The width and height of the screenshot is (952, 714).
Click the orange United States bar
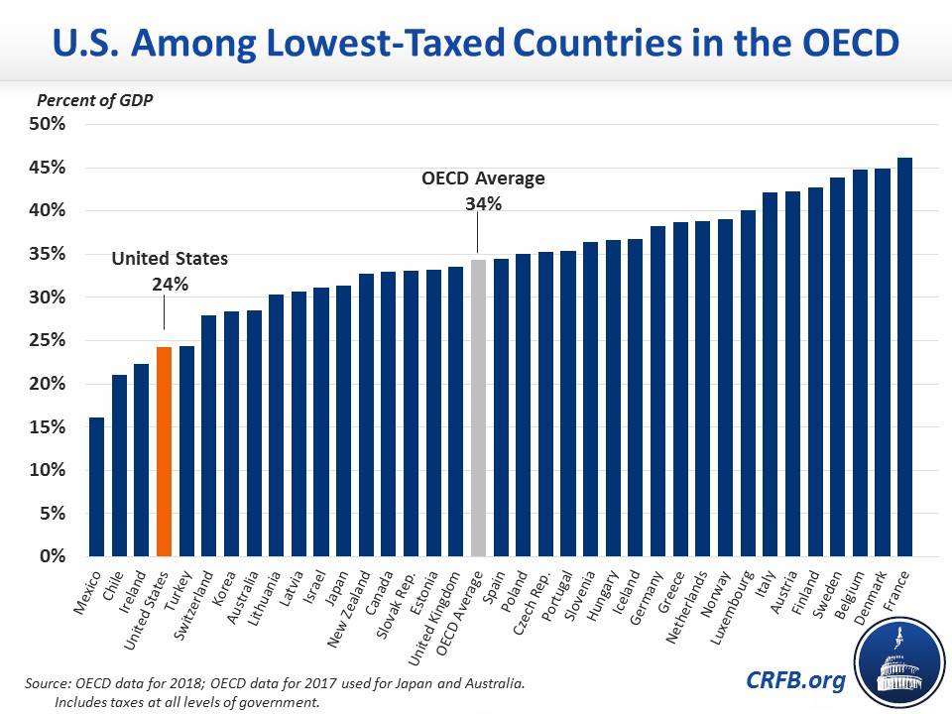[x=164, y=451]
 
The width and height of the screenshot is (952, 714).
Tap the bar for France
[x=904, y=357]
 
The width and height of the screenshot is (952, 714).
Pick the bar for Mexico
[x=96, y=486]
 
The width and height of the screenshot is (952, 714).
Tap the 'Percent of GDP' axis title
[x=87, y=100]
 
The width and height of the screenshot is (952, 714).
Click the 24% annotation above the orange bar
[x=169, y=283]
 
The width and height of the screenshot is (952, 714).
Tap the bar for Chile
[x=119, y=465]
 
